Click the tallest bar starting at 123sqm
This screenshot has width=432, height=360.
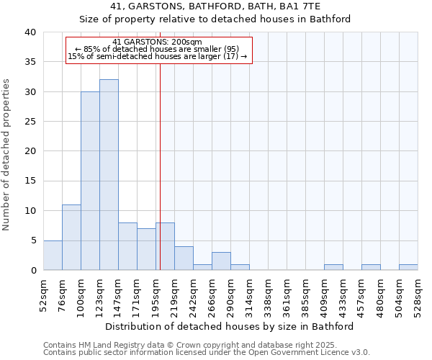point(109,175)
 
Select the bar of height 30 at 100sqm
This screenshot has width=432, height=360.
point(90,181)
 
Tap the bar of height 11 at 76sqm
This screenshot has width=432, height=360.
point(71,238)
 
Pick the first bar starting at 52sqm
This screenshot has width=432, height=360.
point(53,256)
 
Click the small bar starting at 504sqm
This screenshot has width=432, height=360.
point(408,267)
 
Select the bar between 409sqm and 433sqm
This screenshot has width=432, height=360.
point(333,267)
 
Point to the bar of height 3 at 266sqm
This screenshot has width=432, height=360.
point(221,261)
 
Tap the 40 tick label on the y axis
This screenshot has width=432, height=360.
point(30,32)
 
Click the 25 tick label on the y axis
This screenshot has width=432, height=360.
point(30,122)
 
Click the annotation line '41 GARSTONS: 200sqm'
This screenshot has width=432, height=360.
point(158,42)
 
